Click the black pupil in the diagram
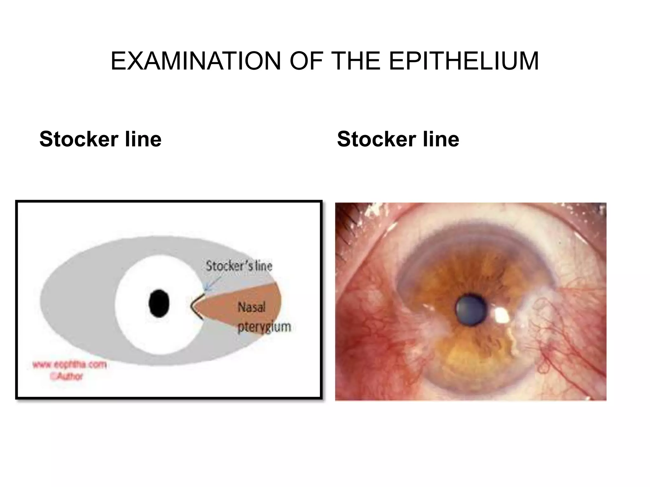tap(159, 303)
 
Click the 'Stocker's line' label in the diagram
tap(239, 266)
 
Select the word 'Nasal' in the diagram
tap(251, 307)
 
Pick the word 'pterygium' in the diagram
tap(264, 327)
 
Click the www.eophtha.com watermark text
tap(70, 365)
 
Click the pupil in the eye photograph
tap(471, 309)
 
